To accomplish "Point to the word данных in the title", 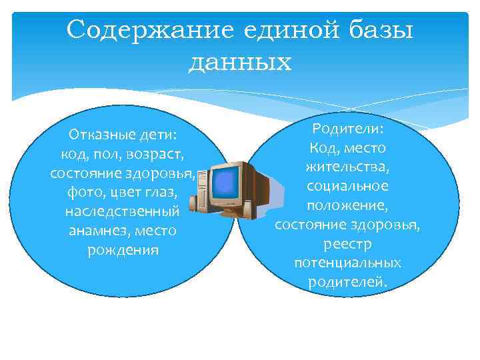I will pos(240,62).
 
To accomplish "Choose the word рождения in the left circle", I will pos(123,250).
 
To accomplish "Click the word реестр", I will pos(347,243).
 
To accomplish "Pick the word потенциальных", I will pos(347,263).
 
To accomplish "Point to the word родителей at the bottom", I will pos(347,282).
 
